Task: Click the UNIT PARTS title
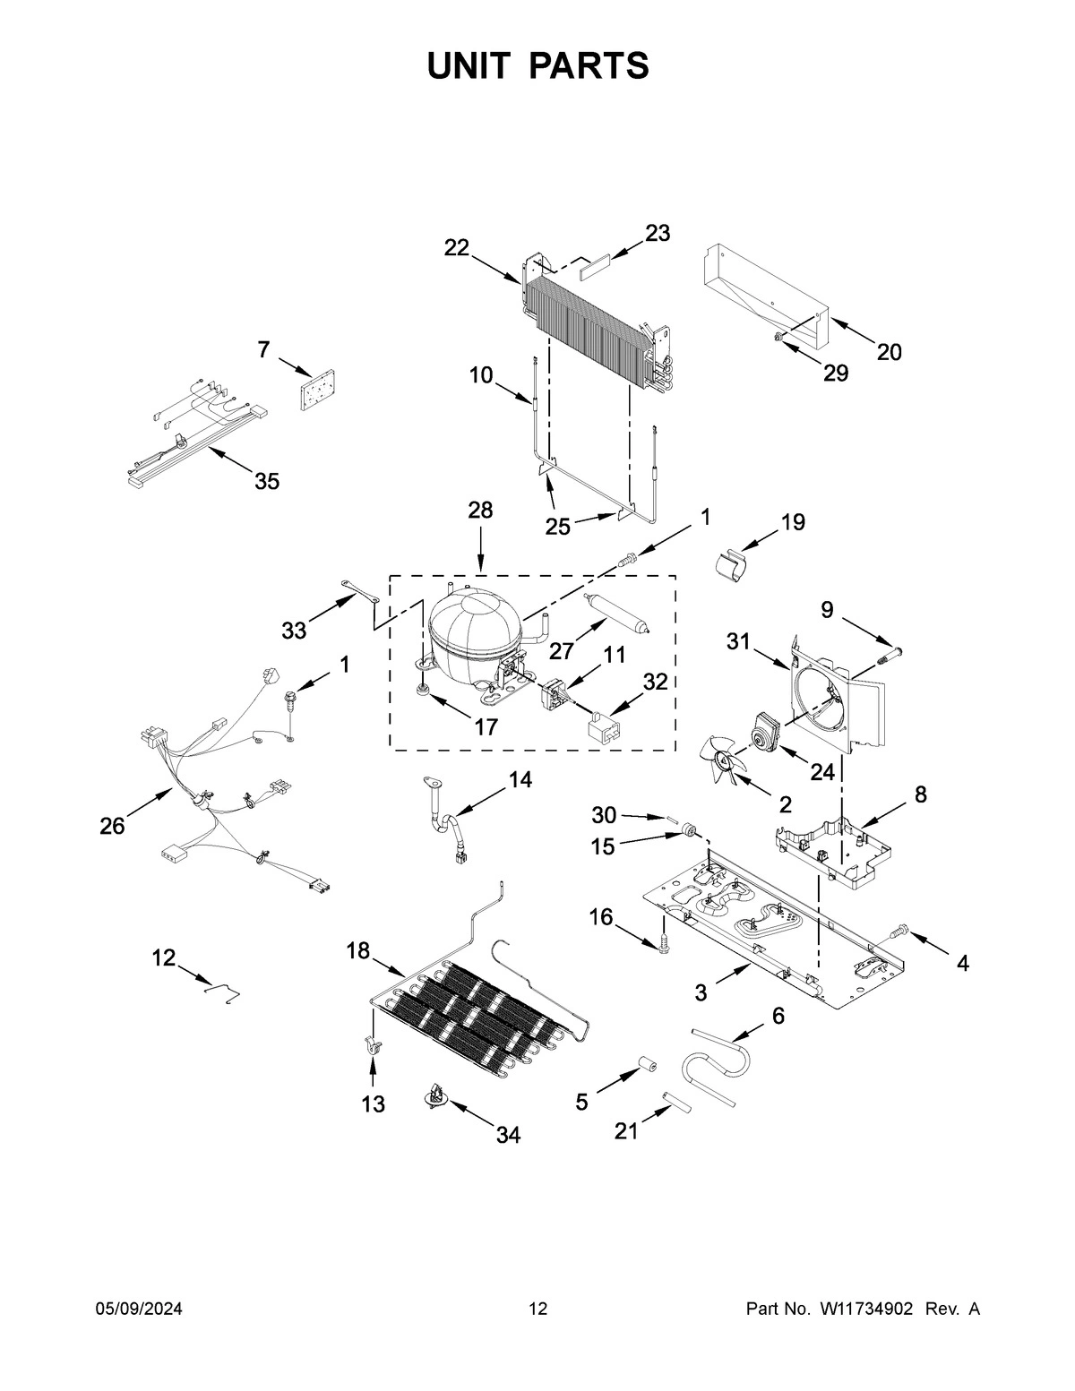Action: pos(537,65)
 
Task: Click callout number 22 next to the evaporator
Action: pos(457,248)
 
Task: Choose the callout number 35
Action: pos(266,481)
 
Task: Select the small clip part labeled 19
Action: pos(733,566)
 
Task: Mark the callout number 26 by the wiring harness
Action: pos(112,826)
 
